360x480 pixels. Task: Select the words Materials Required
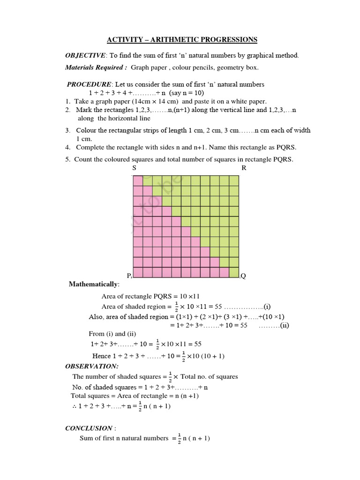click(x=96, y=67)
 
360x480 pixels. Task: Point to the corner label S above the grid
click(x=134, y=168)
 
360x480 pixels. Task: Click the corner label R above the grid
click(x=244, y=168)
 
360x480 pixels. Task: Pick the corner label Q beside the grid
click(x=243, y=276)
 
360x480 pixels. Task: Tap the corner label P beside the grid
click(x=128, y=275)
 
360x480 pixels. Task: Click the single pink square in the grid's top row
click(x=138, y=180)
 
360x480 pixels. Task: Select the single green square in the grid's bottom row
click(x=234, y=272)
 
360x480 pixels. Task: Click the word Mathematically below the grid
click(x=94, y=285)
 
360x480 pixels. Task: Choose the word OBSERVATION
click(x=92, y=366)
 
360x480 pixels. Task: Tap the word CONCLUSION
click(x=89, y=428)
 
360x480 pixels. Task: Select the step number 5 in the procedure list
click(x=67, y=159)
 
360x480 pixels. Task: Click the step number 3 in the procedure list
click(x=67, y=130)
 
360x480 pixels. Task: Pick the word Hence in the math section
click(x=101, y=356)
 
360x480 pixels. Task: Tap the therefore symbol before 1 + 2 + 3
click(x=74, y=406)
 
